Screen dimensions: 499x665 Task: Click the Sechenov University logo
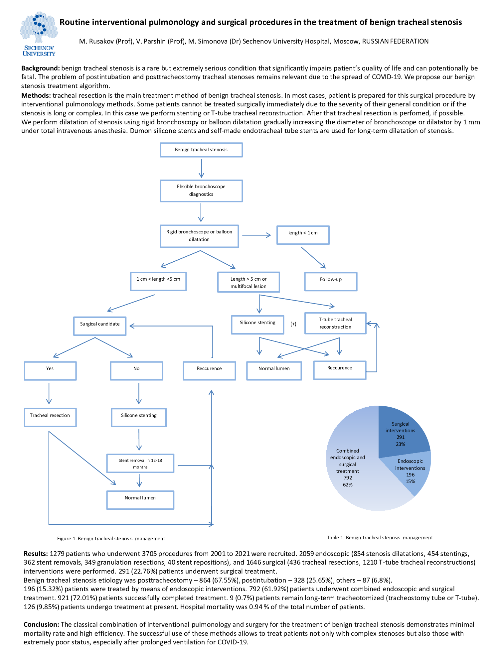pyautogui.click(x=39, y=34)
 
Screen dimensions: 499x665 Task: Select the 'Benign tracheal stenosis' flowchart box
pyautogui.click(x=201, y=150)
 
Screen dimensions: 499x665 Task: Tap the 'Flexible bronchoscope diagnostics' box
pyautogui.click(x=201, y=191)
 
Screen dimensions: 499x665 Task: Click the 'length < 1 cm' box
pyautogui.click(x=303, y=235)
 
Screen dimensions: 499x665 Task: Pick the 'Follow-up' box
pyautogui.click(x=331, y=282)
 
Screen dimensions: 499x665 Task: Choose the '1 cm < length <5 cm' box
pyautogui.click(x=158, y=281)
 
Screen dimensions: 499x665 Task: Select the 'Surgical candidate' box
pyautogui.click(x=100, y=326)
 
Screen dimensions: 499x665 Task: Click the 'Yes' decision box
pyautogui.click(x=50, y=371)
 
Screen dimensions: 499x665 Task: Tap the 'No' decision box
pyautogui.click(x=137, y=371)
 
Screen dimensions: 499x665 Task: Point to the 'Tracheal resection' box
pyautogui.click(x=50, y=418)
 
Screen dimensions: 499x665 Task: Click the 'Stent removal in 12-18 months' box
pyautogui.click(x=140, y=463)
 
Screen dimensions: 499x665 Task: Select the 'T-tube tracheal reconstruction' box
pyautogui.click(x=335, y=323)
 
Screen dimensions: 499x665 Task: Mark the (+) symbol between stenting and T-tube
pyautogui.click(x=293, y=324)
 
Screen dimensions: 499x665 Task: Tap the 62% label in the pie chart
pyautogui.click(x=348, y=485)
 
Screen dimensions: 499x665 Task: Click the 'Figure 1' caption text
pyautogui.click(x=111, y=539)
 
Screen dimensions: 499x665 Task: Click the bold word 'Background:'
pyautogui.click(x=41, y=68)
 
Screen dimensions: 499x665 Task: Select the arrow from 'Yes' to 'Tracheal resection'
pyautogui.click(x=49, y=393)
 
